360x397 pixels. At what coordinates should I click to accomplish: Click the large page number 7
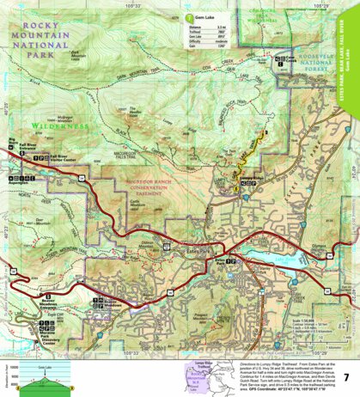[x=345, y=377]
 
